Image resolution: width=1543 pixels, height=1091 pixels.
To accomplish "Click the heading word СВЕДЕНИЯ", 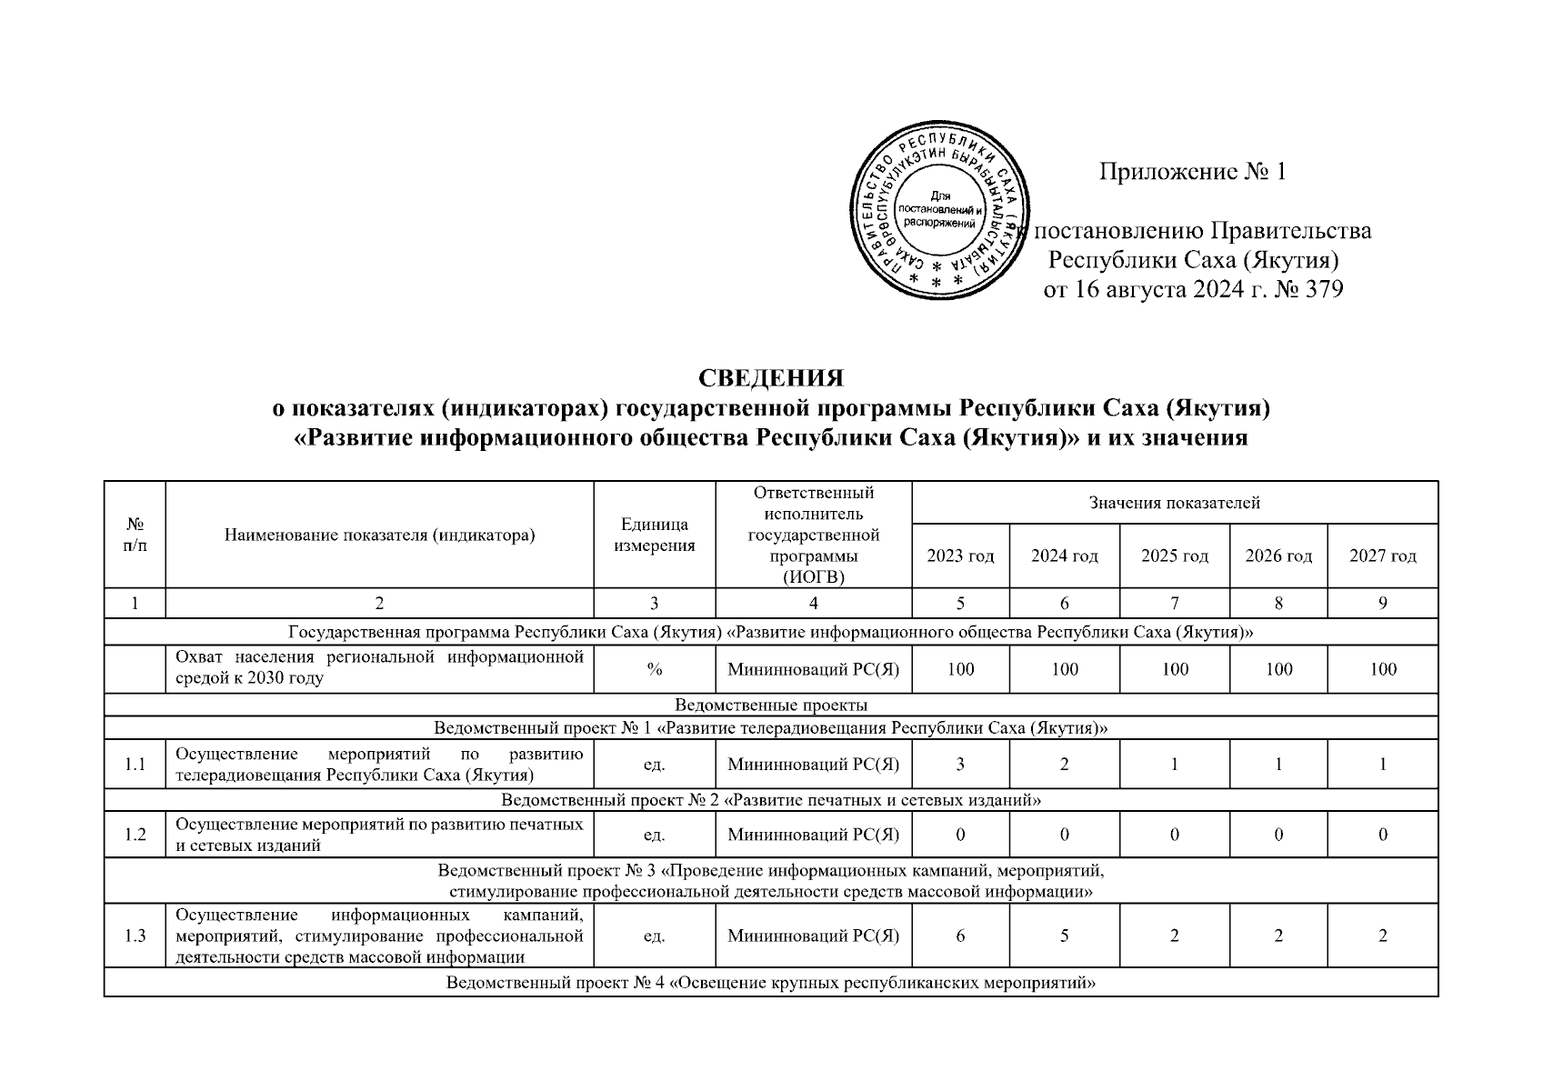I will pyautogui.click(x=771, y=377).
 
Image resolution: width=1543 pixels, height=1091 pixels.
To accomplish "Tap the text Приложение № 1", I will pyautogui.click(x=1192, y=172).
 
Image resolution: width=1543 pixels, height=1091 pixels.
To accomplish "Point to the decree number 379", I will pyautogui.click(x=1320, y=290).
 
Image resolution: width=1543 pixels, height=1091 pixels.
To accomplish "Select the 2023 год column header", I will pyautogui.click(x=960, y=556).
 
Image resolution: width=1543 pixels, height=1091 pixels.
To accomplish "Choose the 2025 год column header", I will pyautogui.click(x=1175, y=556).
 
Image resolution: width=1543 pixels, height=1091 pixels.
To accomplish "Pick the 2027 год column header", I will pyautogui.click(x=1382, y=556).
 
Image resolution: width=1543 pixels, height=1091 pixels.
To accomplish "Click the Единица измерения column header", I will pyautogui.click(x=655, y=535).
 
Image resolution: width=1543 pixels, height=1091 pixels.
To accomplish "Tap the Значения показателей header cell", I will pyautogui.click(x=1175, y=503).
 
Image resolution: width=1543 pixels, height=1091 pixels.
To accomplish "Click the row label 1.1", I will pyautogui.click(x=135, y=765).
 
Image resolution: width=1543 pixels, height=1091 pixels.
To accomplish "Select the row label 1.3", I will pyautogui.click(x=135, y=936).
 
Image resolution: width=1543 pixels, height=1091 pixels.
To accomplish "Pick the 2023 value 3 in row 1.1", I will pyautogui.click(x=960, y=765).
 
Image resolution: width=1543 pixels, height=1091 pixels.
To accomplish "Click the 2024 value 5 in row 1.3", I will pyautogui.click(x=1064, y=936).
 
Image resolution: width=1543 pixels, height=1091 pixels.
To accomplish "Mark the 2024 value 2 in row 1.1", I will pyautogui.click(x=1064, y=765).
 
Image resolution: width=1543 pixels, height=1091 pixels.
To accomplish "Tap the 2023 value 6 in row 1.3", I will pyautogui.click(x=960, y=936).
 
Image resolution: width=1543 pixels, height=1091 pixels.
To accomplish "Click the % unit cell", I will pyautogui.click(x=655, y=670).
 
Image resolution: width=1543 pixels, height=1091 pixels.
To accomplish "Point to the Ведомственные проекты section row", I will pyautogui.click(x=771, y=705).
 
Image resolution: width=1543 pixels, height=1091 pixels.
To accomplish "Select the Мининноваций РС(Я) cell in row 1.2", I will pyautogui.click(x=813, y=835).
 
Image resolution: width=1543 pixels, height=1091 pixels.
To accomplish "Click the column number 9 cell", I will pyautogui.click(x=1382, y=603).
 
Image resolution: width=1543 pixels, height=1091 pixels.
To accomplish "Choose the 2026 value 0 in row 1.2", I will pyautogui.click(x=1278, y=835).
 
